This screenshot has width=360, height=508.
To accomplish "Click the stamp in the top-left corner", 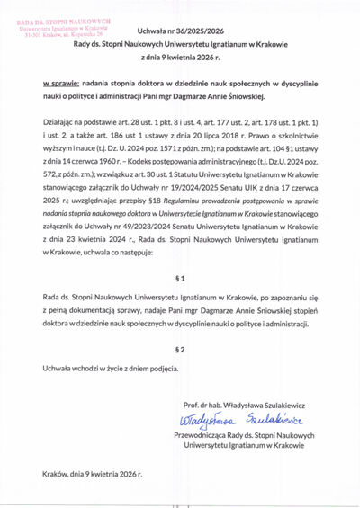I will pos(61,28).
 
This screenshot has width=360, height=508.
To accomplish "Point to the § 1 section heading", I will pos(179,276).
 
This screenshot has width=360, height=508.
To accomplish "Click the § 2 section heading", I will pos(179,348).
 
